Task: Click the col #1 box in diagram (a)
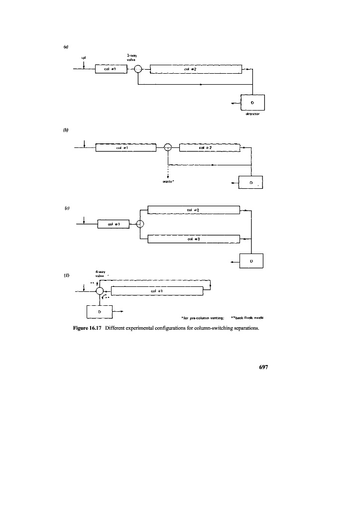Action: pyautogui.click(x=112, y=69)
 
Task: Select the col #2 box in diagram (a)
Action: pyautogui.click(x=196, y=69)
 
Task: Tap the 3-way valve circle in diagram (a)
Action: pyautogui.click(x=138, y=70)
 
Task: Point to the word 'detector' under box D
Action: pyautogui.click(x=252, y=114)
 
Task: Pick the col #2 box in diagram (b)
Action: pyautogui.click(x=209, y=147)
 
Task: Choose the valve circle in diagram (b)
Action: pyautogui.click(x=168, y=147)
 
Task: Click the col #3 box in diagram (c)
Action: pyautogui.click(x=194, y=240)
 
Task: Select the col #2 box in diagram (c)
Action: pyautogui.click(x=194, y=210)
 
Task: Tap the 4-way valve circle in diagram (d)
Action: pyautogui.click(x=100, y=291)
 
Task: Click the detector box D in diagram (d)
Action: pyautogui.click(x=100, y=312)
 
